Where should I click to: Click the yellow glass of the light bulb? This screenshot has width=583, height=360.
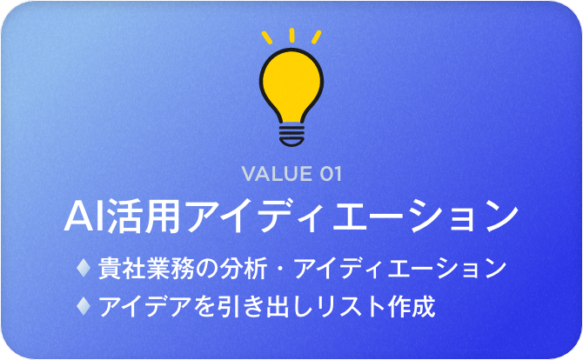click(x=291, y=84)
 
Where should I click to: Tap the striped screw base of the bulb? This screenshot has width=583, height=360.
click(x=291, y=136)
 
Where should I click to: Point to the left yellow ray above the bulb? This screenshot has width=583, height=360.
click(x=267, y=37)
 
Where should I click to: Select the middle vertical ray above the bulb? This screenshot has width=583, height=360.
click(x=291, y=35)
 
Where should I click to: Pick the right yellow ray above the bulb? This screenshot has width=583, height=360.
click(x=317, y=37)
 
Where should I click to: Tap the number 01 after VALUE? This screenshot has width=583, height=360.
click(x=330, y=174)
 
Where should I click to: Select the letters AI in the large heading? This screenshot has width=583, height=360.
click(x=84, y=217)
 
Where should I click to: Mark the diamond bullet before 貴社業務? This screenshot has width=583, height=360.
click(x=84, y=268)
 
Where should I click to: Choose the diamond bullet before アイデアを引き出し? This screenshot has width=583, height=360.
click(x=84, y=306)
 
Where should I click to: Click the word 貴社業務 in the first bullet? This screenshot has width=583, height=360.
click(x=145, y=268)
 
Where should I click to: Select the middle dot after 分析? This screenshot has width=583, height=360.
click(x=280, y=268)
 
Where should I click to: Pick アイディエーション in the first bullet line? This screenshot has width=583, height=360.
click(x=400, y=268)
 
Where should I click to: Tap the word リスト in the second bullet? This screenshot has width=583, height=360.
click(x=351, y=306)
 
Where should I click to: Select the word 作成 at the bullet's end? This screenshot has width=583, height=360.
click(x=411, y=306)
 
